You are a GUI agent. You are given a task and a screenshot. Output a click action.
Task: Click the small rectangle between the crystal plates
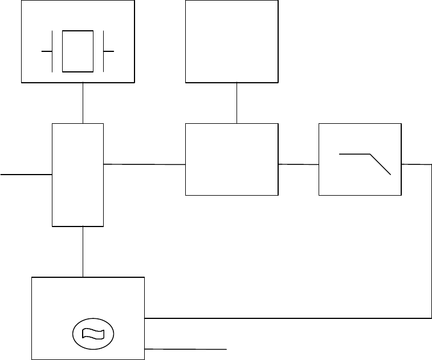pyautogui.click(x=78, y=51)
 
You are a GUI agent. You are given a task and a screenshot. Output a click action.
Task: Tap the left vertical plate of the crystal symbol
pyautogui.click(x=52, y=51)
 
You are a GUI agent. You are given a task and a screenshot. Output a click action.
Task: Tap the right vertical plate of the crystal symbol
pyautogui.click(x=103, y=51)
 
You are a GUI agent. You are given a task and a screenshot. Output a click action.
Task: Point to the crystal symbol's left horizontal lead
pyautogui.click(x=47, y=51)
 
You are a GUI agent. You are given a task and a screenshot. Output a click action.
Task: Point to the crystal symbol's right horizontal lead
pyautogui.click(x=109, y=51)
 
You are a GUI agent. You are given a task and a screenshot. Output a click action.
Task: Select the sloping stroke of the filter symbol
pyautogui.click(x=381, y=164)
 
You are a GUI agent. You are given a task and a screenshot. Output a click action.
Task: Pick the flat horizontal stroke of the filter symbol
pyautogui.click(x=354, y=154)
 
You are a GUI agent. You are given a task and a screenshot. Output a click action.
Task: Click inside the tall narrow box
pyautogui.click(x=78, y=174)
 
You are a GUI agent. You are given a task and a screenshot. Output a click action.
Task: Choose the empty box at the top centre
pyautogui.click(x=232, y=41)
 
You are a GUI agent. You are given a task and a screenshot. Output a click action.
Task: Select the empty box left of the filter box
pyautogui.click(x=232, y=159)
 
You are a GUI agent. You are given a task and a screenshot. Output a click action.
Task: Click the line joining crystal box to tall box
pyautogui.click(x=83, y=103)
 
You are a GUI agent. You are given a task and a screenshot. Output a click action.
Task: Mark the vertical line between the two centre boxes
pyautogui.click(x=237, y=103)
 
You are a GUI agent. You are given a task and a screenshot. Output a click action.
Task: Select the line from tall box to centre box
pyautogui.click(x=145, y=164)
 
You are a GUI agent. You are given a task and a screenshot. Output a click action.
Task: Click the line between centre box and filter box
pyautogui.click(x=298, y=164)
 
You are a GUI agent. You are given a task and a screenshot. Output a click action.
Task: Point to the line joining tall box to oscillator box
pyautogui.click(x=83, y=252)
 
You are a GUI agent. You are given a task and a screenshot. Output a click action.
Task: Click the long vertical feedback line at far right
pyautogui.click(x=431, y=240)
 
